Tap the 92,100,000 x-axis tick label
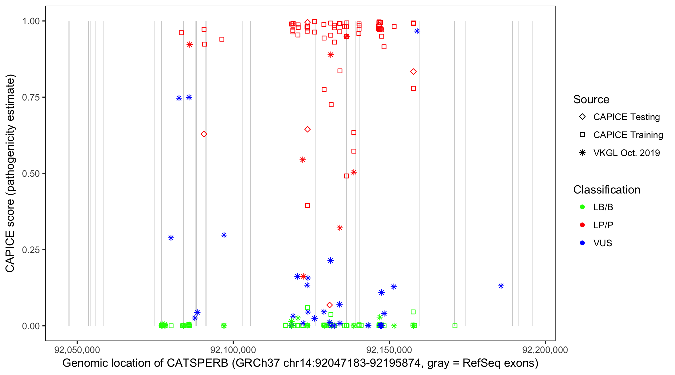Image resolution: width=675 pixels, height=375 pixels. click(x=233, y=350)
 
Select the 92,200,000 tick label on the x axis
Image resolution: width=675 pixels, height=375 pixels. click(x=545, y=350)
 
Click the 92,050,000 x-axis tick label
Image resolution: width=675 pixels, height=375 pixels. click(x=77, y=350)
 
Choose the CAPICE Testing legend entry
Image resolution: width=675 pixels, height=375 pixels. click(x=626, y=117)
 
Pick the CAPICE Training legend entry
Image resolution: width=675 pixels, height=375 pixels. click(x=628, y=135)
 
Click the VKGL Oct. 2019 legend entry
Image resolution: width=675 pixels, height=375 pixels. click(x=626, y=153)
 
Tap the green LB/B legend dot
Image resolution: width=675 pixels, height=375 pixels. click(x=582, y=207)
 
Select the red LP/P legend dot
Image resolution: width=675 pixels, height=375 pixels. click(x=582, y=225)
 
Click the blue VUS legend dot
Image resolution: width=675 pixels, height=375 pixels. click(x=582, y=243)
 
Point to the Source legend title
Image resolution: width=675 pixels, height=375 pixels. click(x=591, y=99)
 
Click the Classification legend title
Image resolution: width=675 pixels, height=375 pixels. click(x=606, y=190)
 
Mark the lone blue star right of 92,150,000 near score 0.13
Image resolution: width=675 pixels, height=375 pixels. click(x=501, y=286)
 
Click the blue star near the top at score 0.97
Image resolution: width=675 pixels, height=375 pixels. click(x=417, y=31)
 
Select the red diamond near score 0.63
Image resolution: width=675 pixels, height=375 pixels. click(x=204, y=134)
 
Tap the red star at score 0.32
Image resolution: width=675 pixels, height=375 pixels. click(x=340, y=228)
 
